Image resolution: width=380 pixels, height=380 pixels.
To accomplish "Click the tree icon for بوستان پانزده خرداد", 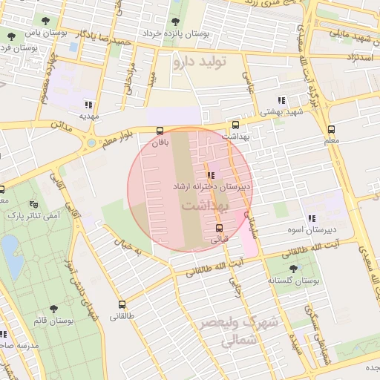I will coord(175,22).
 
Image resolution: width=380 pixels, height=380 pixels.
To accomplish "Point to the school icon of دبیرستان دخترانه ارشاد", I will coord(211,175).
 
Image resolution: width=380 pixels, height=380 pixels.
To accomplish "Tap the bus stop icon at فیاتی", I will coord(218,228).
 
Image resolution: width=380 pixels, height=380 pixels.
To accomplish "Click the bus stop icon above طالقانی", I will coord(122,304).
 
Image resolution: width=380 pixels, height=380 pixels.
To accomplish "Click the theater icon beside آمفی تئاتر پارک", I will coord(33,203).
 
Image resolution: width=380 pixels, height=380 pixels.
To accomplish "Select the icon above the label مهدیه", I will coord(88,105).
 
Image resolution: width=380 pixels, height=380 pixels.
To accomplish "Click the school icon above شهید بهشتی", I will coord(281,100).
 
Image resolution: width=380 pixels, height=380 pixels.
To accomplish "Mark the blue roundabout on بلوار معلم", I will coord(91,142).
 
